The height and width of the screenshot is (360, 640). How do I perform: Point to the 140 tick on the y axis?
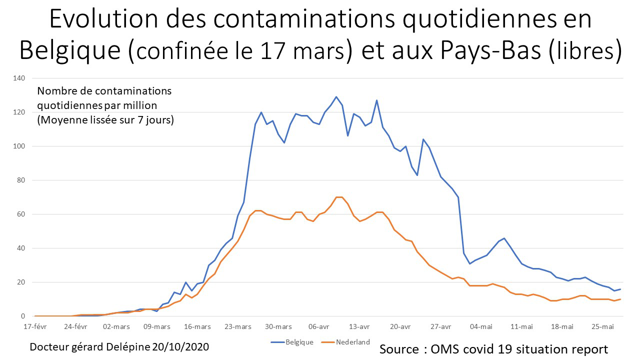19,78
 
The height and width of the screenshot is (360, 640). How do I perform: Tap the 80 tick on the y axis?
21,180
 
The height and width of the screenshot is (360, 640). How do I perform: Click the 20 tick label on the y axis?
21,282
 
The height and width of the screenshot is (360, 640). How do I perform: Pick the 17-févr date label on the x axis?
35,326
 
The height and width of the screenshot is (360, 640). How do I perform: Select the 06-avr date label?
318,326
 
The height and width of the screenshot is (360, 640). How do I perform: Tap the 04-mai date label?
480,326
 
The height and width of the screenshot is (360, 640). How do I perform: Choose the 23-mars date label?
237,326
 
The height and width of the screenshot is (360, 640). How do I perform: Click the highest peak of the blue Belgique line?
336,97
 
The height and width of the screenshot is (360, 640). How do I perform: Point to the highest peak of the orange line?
339,197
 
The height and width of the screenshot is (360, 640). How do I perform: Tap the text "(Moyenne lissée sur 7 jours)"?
105,120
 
